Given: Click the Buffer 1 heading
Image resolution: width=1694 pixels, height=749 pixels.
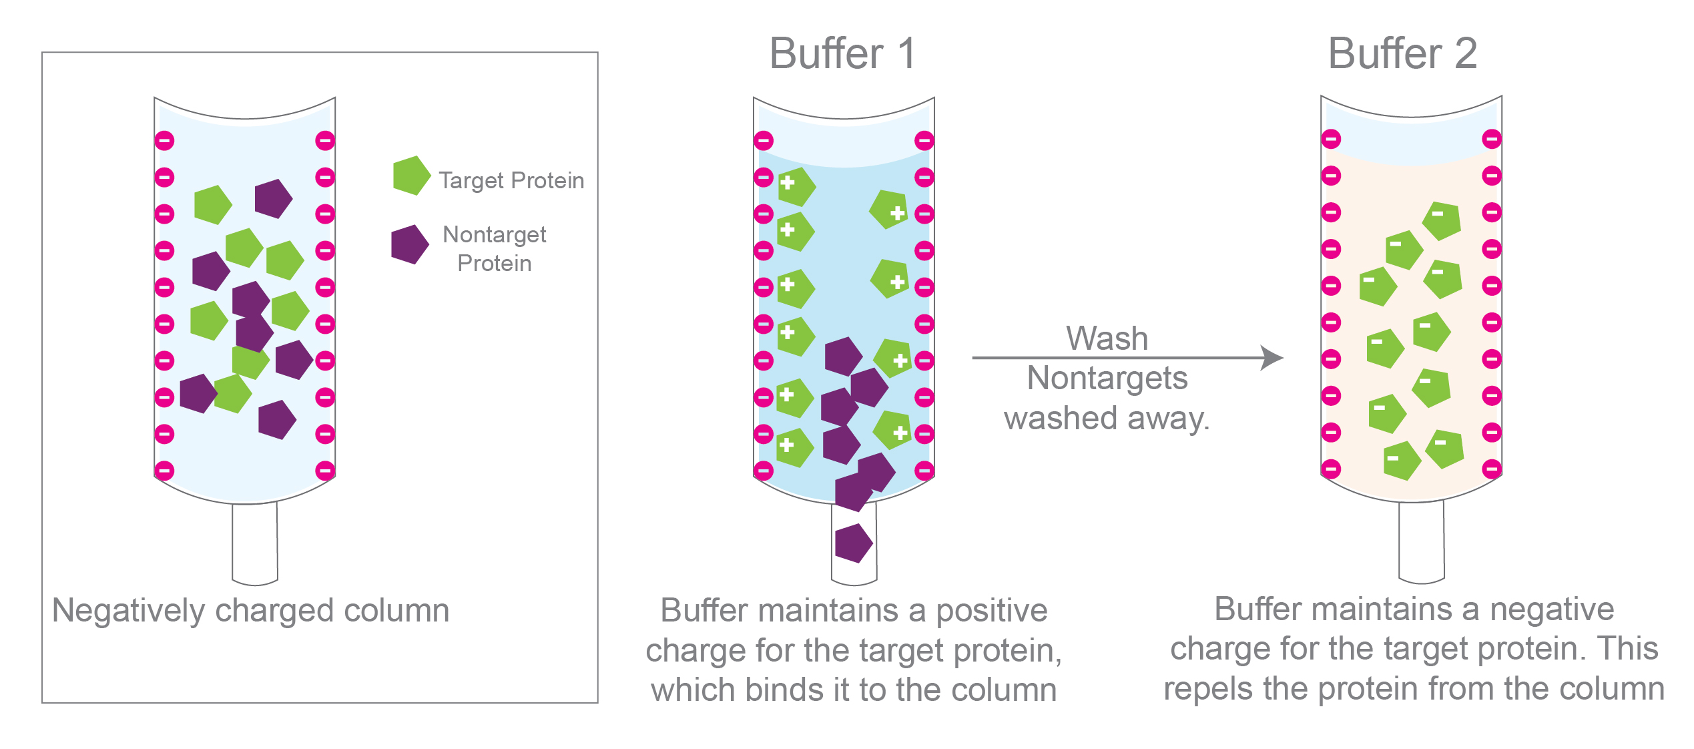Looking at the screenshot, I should coord(842,53).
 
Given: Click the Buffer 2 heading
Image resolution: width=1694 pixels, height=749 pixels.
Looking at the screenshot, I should coord(1402,53).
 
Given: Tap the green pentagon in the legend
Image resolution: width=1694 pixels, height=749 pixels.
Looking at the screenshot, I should coord(411,176).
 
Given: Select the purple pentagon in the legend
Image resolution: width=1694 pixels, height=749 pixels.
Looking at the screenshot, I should coord(409,244).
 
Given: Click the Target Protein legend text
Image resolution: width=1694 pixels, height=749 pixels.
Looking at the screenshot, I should coord(511,180).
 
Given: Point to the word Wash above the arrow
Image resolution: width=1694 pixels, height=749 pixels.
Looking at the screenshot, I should coord(1107,338).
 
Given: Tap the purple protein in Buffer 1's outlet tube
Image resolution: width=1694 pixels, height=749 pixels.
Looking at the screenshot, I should coord(853,543).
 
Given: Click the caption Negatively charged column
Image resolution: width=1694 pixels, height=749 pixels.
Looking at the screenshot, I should coord(251,610).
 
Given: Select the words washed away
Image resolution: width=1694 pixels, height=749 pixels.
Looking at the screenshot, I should coord(1107,419).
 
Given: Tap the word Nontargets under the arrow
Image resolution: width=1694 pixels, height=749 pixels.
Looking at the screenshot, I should coord(1107,379).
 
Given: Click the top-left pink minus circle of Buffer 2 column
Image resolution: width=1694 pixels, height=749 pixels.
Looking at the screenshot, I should coord(1331,140).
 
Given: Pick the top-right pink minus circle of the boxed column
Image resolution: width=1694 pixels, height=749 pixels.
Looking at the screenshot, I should coord(325,141).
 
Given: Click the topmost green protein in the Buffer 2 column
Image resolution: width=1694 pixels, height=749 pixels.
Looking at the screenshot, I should coord(1442,221).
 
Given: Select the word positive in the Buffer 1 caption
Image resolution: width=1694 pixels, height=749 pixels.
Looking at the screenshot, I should coord(992,610).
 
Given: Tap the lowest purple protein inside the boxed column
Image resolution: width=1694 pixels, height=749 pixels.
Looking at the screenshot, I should coord(276,420).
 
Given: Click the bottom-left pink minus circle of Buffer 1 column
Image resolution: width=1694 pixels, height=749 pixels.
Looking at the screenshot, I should coord(764,471).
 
